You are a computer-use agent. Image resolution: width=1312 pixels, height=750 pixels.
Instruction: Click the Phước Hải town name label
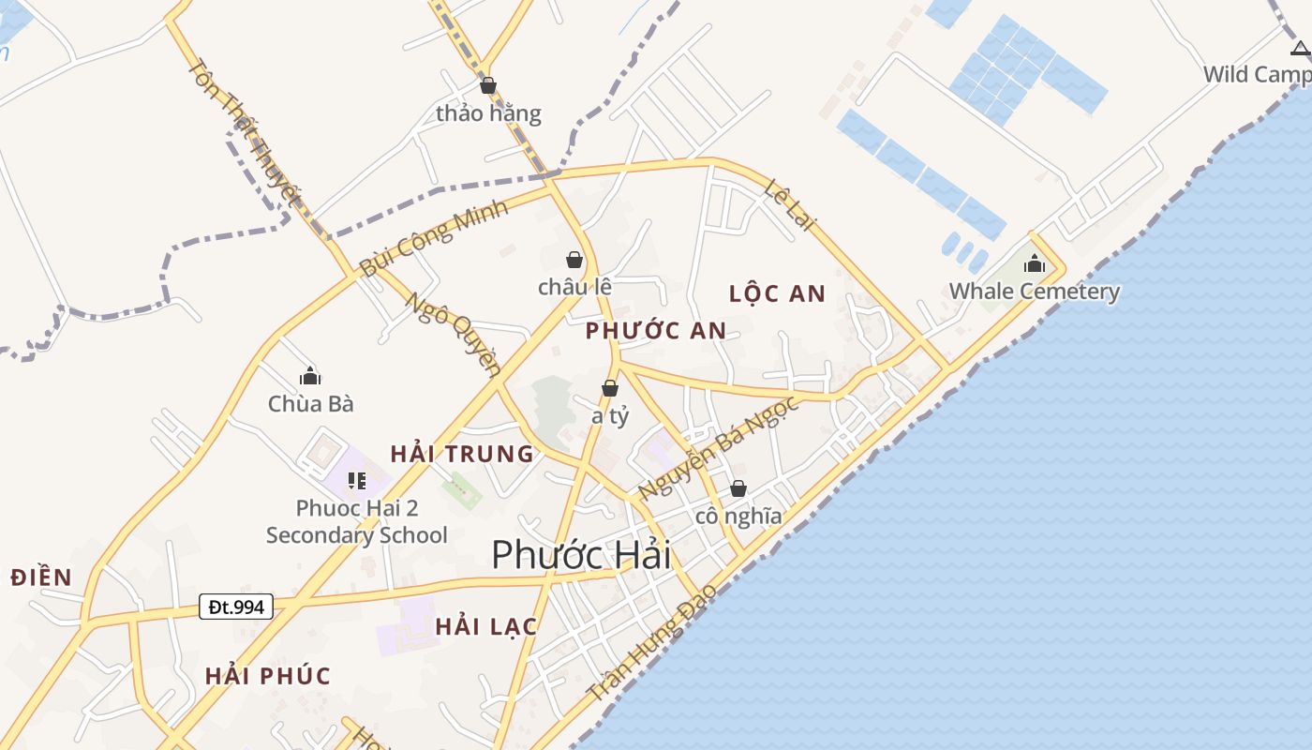581,555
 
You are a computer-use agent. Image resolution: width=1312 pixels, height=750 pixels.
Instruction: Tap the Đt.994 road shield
236,607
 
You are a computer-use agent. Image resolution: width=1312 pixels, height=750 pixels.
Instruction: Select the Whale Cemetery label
1035,292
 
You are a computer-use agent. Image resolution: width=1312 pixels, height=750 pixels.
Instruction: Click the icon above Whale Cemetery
1035,264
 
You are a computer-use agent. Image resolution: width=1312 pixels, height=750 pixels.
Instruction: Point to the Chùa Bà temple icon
310,377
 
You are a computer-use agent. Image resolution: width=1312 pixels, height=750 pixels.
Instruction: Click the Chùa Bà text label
310,404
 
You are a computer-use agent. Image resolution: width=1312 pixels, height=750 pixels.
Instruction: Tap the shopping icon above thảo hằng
487,86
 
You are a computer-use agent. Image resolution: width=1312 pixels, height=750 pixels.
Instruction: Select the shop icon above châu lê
574,260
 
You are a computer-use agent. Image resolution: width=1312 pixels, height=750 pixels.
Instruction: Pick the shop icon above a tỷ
610,388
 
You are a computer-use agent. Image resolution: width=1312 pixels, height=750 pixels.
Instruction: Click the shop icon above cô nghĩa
738,488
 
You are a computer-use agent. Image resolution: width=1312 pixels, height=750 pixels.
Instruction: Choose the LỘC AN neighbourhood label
778,294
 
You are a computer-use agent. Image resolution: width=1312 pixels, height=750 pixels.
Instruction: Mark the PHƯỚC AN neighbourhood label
656,330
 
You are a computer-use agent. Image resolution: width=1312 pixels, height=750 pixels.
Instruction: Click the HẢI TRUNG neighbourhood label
462,455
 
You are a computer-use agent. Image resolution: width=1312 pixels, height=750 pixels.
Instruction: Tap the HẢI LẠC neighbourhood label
485,627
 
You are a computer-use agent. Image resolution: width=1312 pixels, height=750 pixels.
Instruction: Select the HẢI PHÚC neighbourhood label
268,676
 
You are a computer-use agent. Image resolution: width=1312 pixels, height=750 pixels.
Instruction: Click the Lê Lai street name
791,203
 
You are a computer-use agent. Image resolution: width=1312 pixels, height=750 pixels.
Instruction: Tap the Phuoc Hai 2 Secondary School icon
356,481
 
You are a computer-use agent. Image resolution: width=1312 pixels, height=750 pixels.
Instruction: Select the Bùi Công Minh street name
433,238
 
